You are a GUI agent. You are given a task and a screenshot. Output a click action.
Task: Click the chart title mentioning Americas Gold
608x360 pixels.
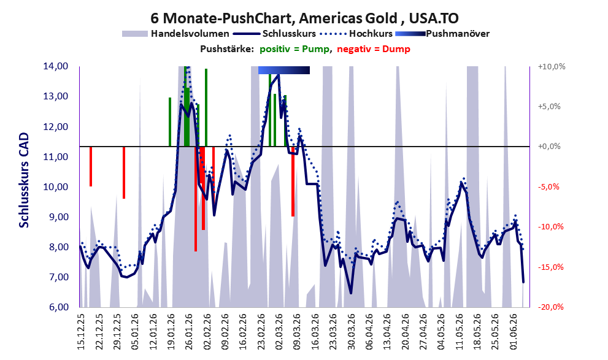[x=304, y=18]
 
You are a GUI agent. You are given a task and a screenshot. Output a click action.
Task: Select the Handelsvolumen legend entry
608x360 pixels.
[x=175, y=34]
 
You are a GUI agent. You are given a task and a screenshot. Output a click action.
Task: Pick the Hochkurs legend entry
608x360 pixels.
[x=356, y=34]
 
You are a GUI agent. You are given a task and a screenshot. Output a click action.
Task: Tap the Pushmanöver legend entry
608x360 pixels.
[x=442, y=34]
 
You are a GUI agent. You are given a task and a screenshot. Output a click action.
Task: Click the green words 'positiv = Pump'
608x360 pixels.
[x=294, y=49]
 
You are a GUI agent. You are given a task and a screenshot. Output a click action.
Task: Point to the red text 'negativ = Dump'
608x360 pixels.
[x=374, y=49]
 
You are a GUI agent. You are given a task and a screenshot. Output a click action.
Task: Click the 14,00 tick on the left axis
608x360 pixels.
[x=56, y=66]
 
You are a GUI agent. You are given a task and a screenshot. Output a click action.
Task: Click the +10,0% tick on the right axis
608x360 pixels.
[x=552, y=67]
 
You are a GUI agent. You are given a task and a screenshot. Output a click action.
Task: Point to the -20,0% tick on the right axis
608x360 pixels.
[x=551, y=307]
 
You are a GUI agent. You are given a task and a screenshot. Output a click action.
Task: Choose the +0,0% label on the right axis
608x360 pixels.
[x=549, y=147]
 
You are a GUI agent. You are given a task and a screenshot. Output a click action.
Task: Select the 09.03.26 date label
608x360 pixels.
[x=298, y=331]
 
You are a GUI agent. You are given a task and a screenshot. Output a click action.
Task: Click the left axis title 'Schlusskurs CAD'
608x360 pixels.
[x=24, y=180]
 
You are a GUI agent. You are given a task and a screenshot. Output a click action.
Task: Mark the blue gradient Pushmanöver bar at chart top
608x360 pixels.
[x=284, y=70]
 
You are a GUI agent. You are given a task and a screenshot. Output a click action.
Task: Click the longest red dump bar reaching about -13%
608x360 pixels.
[x=196, y=199]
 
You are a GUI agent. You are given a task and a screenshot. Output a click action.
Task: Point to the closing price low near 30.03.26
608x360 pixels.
[x=351, y=293]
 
